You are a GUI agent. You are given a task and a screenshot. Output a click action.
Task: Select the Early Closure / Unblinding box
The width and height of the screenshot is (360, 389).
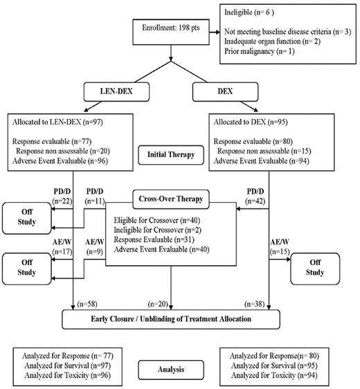tap(172, 319)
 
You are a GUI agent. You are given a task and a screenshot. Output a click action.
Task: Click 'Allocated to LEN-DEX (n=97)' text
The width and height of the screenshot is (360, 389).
tap(58, 122)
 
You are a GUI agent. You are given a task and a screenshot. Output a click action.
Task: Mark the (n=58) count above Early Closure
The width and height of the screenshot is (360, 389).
tap(89, 304)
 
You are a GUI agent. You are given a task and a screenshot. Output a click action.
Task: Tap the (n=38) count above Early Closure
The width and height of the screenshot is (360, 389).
tap(255, 304)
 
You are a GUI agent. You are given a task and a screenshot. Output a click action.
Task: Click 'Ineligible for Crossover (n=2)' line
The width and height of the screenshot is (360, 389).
tap(156, 229)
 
